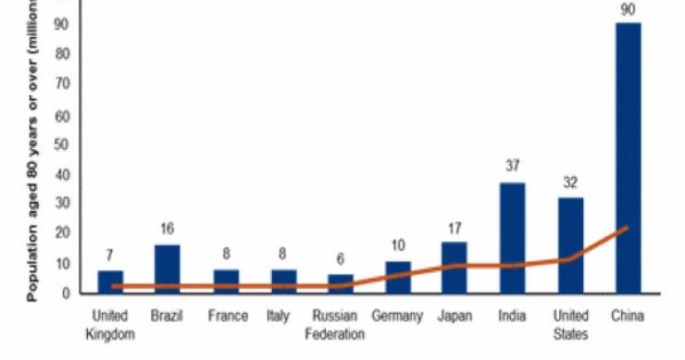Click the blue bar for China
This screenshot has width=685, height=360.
pos(627,157)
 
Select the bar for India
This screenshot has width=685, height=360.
pos(512,237)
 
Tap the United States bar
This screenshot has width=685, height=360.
pos(569,244)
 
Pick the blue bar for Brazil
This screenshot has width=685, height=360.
pos(168,268)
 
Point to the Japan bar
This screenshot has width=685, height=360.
pos(454,267)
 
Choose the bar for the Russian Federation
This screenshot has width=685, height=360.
pos(340,283)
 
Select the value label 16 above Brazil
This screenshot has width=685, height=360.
pos(168,230)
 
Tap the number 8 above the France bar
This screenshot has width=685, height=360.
pos(225,254)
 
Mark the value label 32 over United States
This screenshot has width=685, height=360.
pos(569,182)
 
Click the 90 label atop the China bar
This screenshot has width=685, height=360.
pos(627,8)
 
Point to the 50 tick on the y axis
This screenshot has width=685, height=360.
pos(64,145)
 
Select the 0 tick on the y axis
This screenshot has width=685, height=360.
pos(68,293)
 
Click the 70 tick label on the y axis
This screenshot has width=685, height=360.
pos(64,84)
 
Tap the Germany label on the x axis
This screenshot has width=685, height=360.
pos(397,317)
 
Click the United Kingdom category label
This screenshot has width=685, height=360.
pos(110,325)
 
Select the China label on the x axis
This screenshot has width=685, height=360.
pos(627,317)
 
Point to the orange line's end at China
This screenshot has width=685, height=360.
pos(627,228)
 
